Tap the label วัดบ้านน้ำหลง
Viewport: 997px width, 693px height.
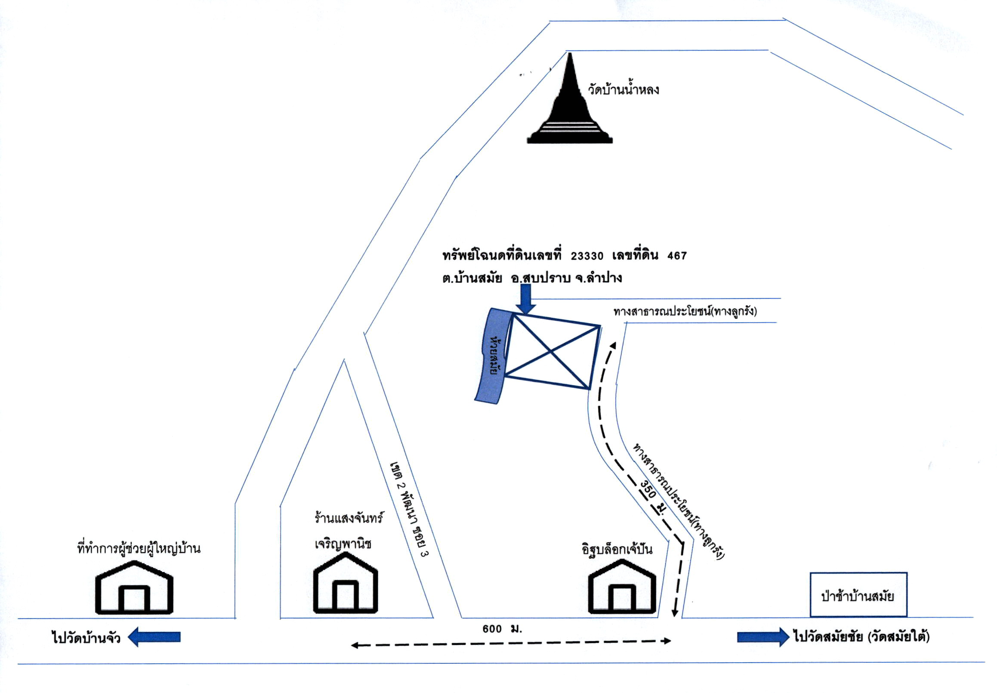pyautogui.click(x=624, y=90)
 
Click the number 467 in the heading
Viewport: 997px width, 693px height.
pyautogui.click(x=677, y=256)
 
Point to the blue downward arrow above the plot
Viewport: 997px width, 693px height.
pyautogui.click(x=526, y=299)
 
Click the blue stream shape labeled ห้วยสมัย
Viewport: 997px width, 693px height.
pyautogui.click(x=494, y=356)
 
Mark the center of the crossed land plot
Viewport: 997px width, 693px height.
pyautogui.click(x=551, y=351)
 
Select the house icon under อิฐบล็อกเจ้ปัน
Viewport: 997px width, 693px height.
pyautogui.click(x=622, y=587)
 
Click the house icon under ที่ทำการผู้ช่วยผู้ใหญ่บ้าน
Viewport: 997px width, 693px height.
pyautogui.click(x=134, y=588)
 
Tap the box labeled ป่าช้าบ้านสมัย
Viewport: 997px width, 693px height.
pyautogui.click(x=858, y=594)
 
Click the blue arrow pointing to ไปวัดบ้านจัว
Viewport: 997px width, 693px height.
pyautogui.click(x=154, y=637)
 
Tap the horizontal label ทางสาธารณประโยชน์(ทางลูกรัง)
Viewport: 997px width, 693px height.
pyautogui.click(x=685, y=311)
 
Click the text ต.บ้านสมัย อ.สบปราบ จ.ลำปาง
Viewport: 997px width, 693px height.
pyautogui.click(x=532, y=278)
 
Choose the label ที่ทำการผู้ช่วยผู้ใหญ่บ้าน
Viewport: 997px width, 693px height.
pyautogui.click(x=139, y=548)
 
